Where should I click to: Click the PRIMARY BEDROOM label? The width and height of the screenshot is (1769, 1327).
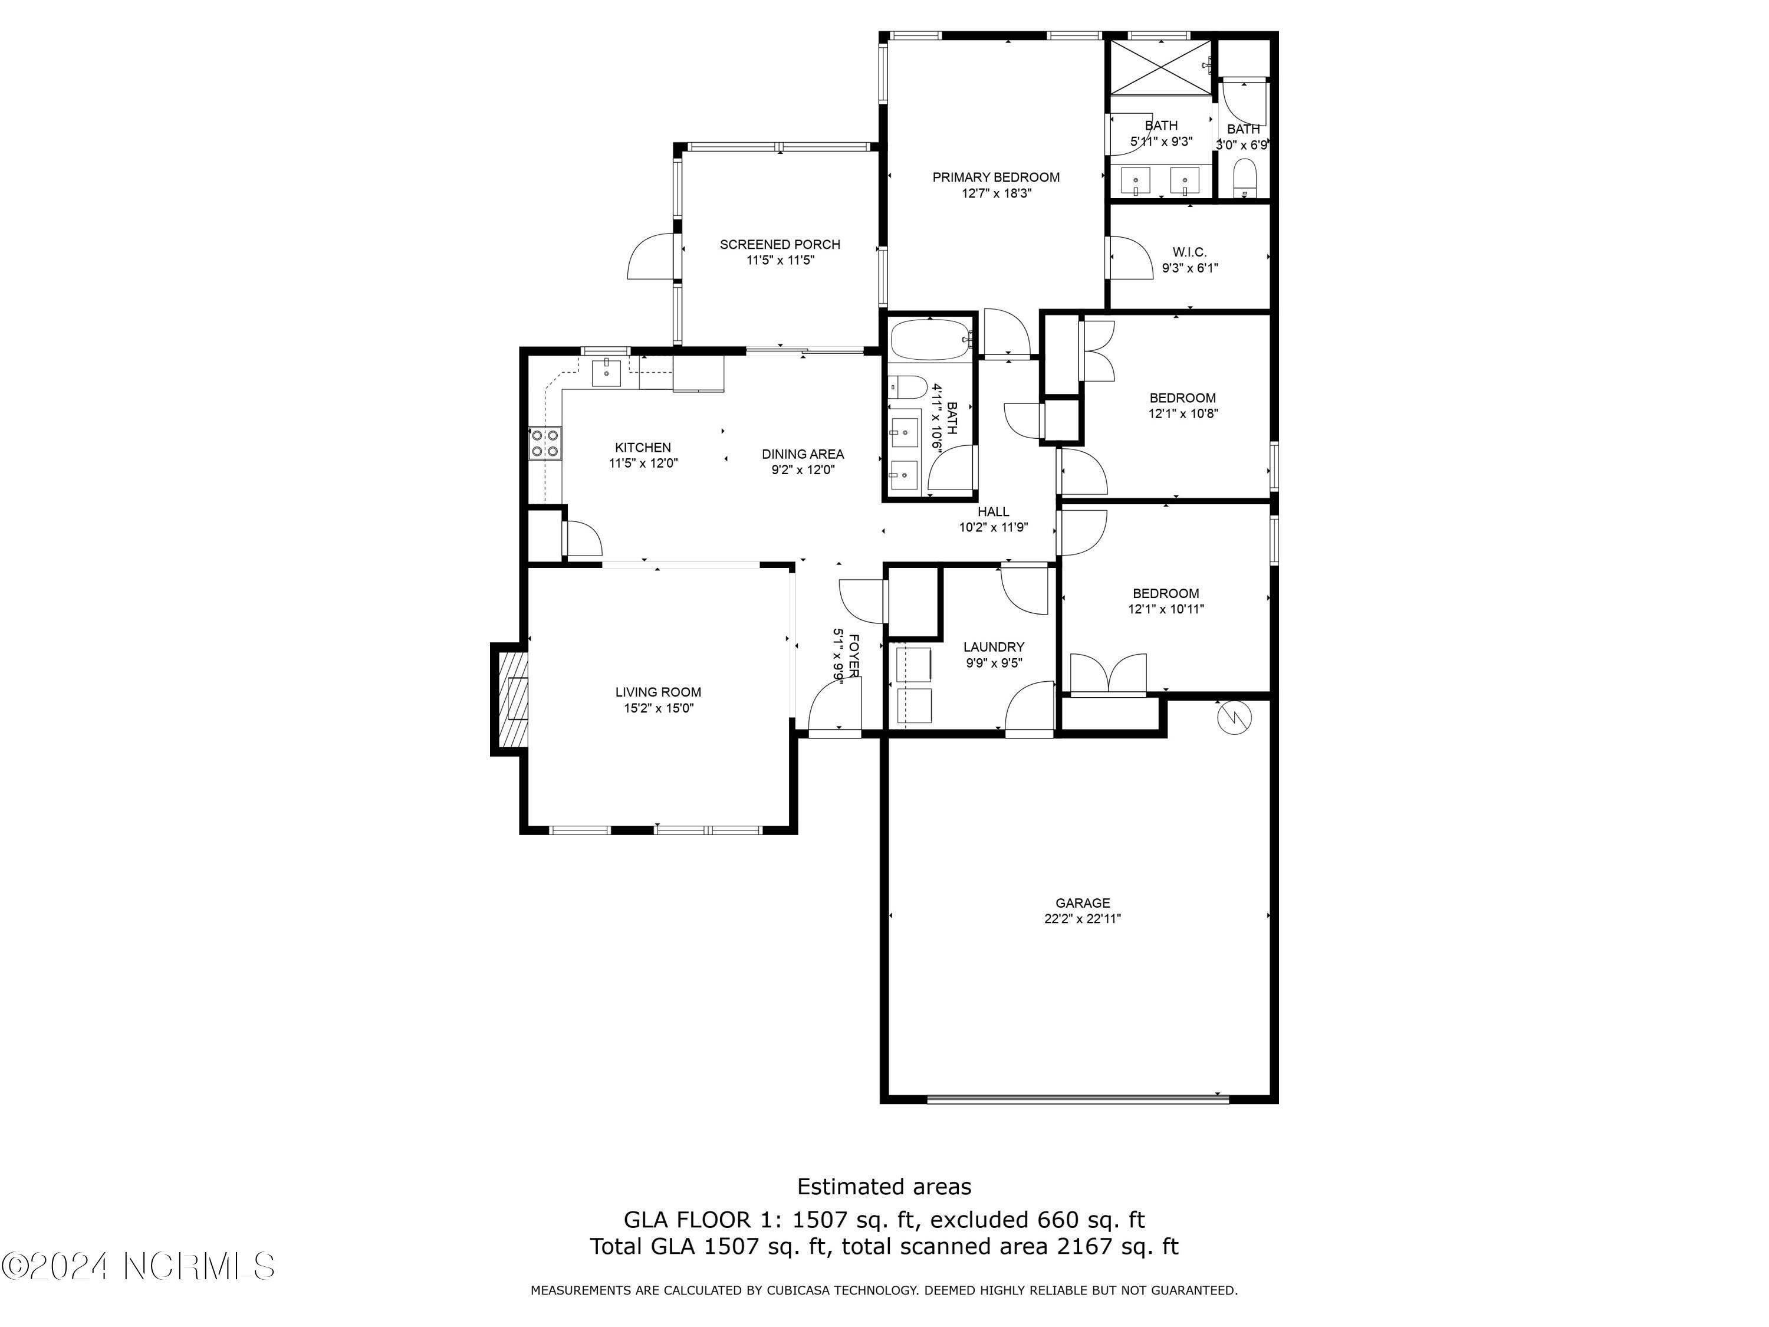[x=996, y=178]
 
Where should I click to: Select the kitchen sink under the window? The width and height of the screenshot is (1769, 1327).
[x=607, y=373]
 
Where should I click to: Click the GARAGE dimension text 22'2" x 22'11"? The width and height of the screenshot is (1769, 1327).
[x=1082, y=919]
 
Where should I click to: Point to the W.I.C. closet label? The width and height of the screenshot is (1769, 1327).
[x=1189, y=252]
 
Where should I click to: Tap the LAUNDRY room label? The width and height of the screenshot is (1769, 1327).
[x=993, y=647]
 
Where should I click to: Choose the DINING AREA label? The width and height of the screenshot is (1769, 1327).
[x=802, y=454]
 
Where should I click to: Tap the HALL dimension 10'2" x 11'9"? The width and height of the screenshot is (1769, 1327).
[x=993, y=528]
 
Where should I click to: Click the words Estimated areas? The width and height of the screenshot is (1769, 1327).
[x=884, y=1186]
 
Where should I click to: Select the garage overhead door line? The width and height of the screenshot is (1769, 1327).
[x=1077, y=1099]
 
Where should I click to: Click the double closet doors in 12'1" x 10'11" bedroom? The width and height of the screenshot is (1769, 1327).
[x=1109, y=674]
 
